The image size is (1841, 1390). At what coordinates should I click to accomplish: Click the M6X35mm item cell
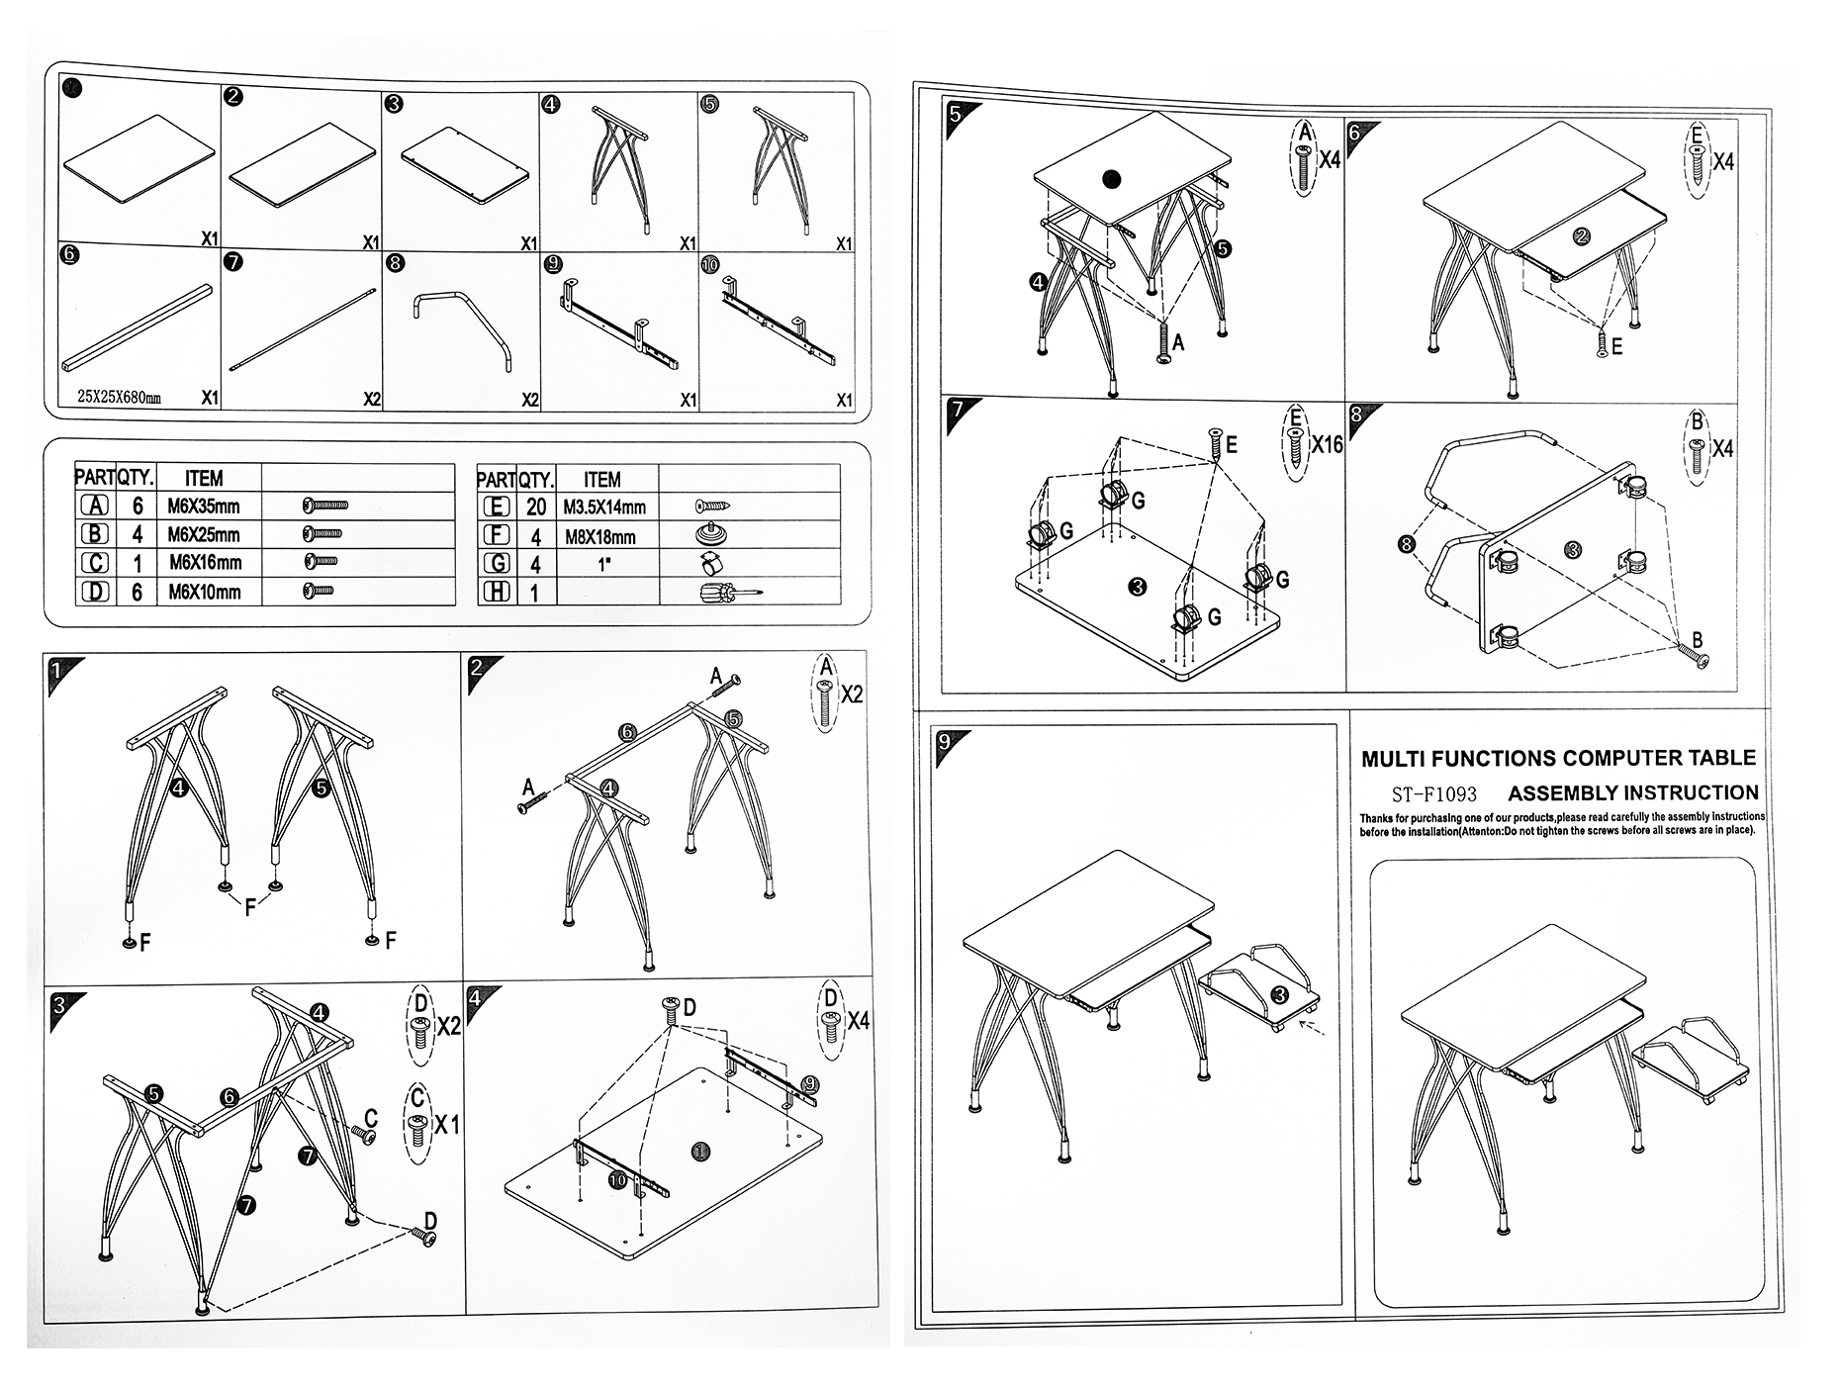click(x=204, y=507)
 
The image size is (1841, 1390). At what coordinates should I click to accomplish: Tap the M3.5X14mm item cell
click(x=604, y=508)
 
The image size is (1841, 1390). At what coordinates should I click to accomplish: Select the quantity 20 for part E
click(x=536, y=508)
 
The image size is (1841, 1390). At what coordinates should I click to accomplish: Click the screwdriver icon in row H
click(x=727, y=594)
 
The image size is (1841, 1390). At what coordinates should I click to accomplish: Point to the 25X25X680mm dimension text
click(x=119, y=398)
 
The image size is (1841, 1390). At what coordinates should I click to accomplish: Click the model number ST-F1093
click(x=1433, y=794)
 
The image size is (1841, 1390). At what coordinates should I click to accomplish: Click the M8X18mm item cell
click(x=599, y=537)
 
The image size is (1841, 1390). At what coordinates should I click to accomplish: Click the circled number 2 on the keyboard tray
click(x=1580, y=235)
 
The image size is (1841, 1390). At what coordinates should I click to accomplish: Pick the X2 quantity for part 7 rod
click(x=371, y=399)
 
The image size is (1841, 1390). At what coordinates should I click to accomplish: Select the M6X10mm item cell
click(x=204, y=593)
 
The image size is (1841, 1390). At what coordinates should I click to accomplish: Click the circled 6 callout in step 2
click(x=626, y=732)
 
